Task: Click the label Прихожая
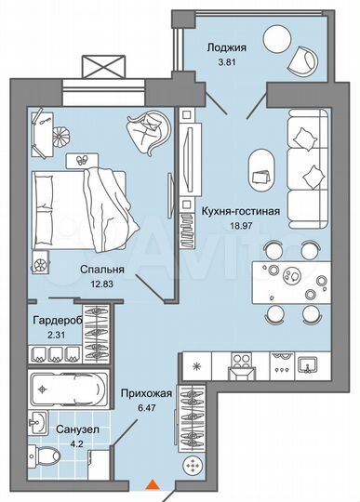(137, 394)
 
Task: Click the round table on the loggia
(275, 39)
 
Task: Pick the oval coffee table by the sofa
(261, 168)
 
